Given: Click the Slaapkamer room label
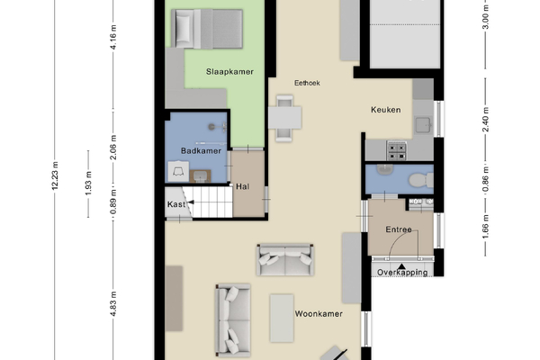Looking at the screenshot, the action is tap(229, 72).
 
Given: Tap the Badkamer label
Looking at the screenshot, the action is tap(201, 151).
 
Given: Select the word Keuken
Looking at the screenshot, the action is tap(386, 110).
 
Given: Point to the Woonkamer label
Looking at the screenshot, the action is tap(319, 314).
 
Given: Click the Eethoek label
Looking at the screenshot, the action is tap(307, 83).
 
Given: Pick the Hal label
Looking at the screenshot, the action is tap(242, 186).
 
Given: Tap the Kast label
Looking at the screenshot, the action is tap(176, 204).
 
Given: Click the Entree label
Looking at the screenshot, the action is tap(399, 229).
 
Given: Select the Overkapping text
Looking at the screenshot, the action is tap(402, 273).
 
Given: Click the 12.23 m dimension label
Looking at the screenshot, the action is tap(55, 175).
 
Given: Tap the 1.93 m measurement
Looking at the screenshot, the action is tap(88, 184).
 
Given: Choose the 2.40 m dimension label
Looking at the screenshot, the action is tap(486, 120).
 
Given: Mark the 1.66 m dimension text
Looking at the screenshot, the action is tap(486, 226).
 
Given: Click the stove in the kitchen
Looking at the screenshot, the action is tap(397, 151).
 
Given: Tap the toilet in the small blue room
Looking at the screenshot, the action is tap(421, 180).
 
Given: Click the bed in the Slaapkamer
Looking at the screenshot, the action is tap(207, 29).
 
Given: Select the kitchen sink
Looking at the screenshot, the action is tap(423, 125).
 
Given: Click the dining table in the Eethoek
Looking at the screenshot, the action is tap(284, 118).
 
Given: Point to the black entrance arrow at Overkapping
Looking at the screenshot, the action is tap(401, 266).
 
